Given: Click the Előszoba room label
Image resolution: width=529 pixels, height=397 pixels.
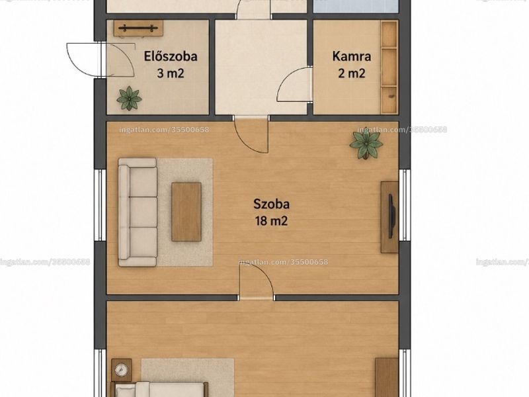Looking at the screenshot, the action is [x=171, y=56].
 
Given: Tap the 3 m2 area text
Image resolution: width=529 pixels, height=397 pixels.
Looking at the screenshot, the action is [x=171, y=73].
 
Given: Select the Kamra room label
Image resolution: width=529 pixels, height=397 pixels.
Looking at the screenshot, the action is [x=352, y=56].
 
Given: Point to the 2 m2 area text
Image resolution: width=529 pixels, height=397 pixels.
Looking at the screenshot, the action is [x=352, y=73].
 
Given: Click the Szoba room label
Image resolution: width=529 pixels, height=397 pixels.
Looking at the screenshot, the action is [x=272, y=204].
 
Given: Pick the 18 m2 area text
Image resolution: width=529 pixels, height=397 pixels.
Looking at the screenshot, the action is [x=272, y=221].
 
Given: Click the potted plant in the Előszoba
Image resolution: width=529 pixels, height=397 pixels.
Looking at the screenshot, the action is [x=129, y=98].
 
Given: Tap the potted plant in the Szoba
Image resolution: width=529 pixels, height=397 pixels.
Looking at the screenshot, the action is [x=366, y=144].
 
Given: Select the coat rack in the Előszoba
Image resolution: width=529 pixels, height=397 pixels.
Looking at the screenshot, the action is [x=138, y=28].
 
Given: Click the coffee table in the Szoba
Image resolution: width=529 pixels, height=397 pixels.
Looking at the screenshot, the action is [x=186, y=212].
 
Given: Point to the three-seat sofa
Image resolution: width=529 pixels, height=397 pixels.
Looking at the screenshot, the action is [x=138, y=212].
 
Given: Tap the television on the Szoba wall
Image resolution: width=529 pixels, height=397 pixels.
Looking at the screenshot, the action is [x=391, y=216].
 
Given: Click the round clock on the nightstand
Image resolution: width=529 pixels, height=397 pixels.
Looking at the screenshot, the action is [x=121, y=370].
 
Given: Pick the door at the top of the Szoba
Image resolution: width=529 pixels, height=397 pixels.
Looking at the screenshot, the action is [x=252, y=134].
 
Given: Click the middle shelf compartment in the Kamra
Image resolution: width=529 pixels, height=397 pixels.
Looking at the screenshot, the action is [x=389, y=66].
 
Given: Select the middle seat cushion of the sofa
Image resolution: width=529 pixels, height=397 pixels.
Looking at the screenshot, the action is [x=143, y=212].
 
